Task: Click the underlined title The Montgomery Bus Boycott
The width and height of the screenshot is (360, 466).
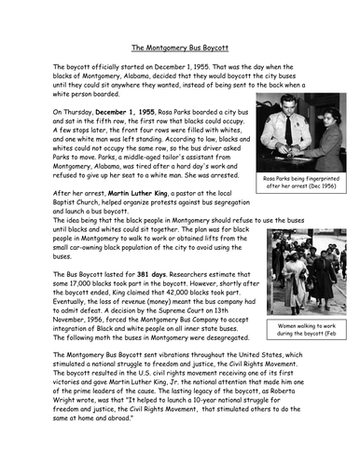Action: tap(180, 46)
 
